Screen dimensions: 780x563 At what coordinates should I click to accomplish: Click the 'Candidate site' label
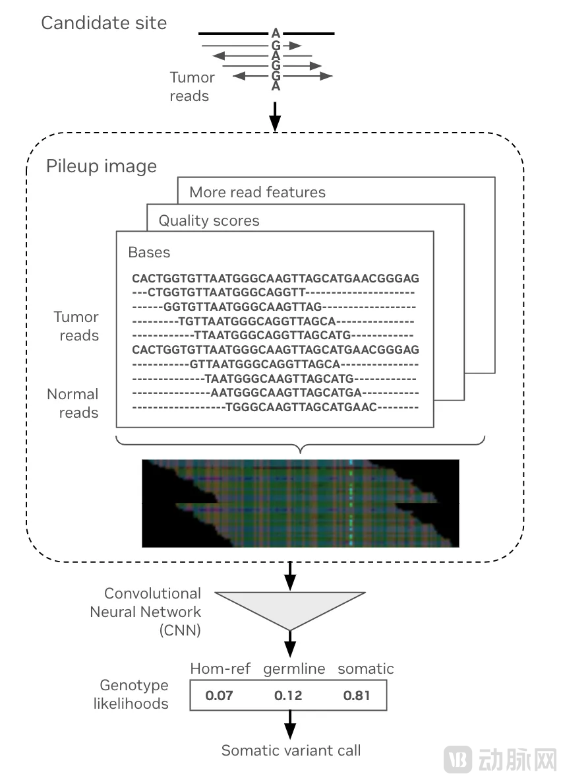point(104,23)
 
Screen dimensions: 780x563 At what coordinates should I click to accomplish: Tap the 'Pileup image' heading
point(102,166)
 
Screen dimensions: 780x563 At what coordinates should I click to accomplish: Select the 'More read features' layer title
point(257,193)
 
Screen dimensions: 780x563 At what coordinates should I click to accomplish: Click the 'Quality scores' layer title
point(209,220)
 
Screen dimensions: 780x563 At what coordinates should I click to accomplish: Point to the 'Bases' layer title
point(149,252)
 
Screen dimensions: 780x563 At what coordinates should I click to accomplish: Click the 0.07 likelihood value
point(219,696)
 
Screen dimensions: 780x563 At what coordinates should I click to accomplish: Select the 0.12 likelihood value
point(287,696)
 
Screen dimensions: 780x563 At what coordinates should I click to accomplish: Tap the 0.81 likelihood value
point(357,696)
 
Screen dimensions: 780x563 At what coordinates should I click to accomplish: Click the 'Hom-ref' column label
point(220,668)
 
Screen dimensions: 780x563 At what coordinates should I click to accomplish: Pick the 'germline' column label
point(294,668)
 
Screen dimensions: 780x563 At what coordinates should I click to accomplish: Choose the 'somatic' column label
point(365,668)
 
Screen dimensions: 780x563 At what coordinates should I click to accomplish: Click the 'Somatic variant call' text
point(291,750)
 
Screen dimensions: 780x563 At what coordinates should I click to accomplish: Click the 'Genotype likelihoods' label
point(134,694)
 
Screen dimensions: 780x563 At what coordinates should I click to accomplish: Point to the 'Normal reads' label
point(73,403)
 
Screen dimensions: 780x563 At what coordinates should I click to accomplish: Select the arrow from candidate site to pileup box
point(276,115)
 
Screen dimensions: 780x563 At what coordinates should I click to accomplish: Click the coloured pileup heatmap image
point(300,503)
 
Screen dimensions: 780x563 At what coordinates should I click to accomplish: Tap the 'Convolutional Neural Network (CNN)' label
point(145,612)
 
